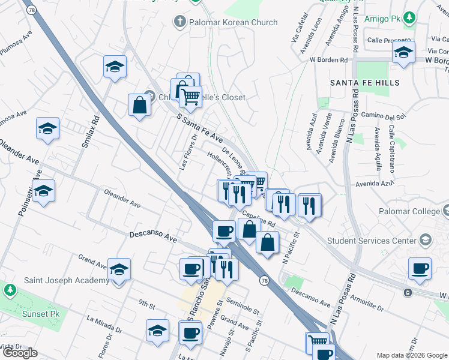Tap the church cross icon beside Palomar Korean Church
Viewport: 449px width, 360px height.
[179, 22]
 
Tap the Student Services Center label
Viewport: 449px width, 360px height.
[372, 241]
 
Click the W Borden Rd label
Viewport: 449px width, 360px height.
[328, 61]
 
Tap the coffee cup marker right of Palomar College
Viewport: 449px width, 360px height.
[420, 268]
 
